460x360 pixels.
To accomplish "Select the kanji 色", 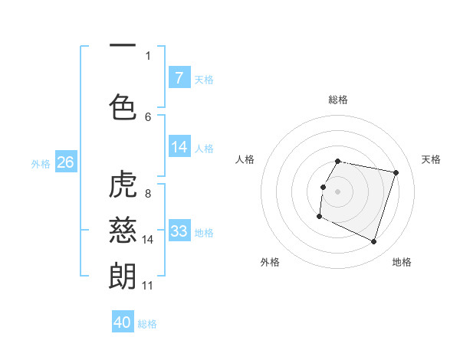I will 123,106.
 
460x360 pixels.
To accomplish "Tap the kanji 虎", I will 123,185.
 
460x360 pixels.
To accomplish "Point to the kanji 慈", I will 123,230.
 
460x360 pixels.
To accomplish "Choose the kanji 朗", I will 123,275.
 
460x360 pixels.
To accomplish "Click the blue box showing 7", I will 179,77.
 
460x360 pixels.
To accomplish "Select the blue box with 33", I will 179,231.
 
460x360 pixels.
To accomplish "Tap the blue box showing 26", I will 66,162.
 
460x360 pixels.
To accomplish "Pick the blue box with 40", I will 123,322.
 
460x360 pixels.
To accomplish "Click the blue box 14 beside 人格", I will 179,147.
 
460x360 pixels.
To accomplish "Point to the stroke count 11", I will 148,286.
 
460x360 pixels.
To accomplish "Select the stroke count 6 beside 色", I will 148,116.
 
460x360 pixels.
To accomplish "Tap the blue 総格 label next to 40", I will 147,324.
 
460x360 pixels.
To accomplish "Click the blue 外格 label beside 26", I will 41,163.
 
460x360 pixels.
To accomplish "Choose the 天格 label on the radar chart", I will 431,159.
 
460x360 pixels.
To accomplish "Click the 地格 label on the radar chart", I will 402,262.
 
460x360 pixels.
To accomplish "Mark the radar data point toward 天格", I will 396,173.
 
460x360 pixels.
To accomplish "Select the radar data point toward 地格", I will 373,242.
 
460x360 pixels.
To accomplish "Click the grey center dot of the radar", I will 337,191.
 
